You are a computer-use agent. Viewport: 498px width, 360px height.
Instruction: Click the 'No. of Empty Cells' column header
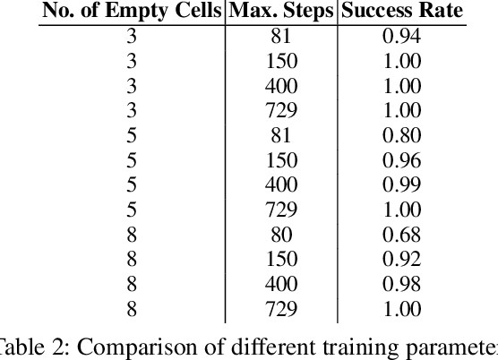133,13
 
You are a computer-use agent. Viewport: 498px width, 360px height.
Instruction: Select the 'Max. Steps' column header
281,13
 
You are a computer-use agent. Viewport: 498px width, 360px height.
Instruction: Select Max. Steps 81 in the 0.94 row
281,37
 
